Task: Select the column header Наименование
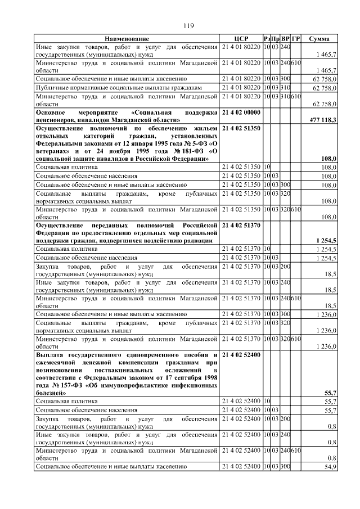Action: pos(127,38)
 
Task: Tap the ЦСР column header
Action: pos(241,38)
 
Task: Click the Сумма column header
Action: pos(319,38)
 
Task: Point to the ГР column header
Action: pos(296,38)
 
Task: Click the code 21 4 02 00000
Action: pos(241,112)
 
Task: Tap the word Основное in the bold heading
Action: pos(52,112)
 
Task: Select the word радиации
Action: pos(198,241)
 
